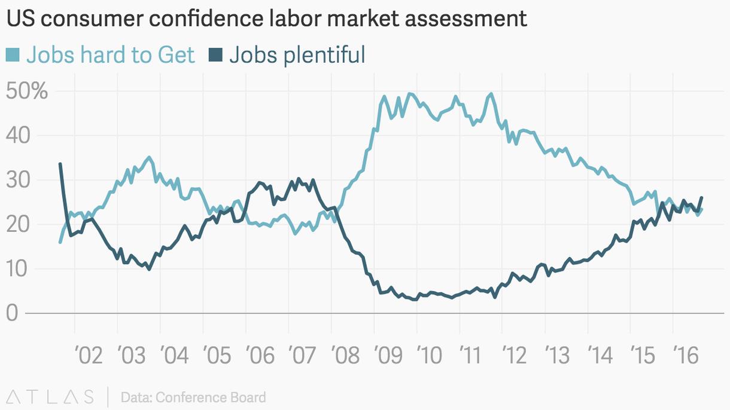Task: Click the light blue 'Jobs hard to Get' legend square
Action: point(13,56)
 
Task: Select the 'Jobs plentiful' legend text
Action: point(297,55)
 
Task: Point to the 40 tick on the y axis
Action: point(19,136)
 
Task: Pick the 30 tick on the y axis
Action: point(19,180)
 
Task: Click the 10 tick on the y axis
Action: point(19,269)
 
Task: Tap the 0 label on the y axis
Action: point(12,313)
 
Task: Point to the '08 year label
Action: point(345,356)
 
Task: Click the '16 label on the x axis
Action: point(686,356)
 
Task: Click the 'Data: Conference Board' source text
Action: point(193,397)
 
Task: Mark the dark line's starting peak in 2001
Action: point(60,164)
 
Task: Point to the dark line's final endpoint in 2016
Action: point(701,198)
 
